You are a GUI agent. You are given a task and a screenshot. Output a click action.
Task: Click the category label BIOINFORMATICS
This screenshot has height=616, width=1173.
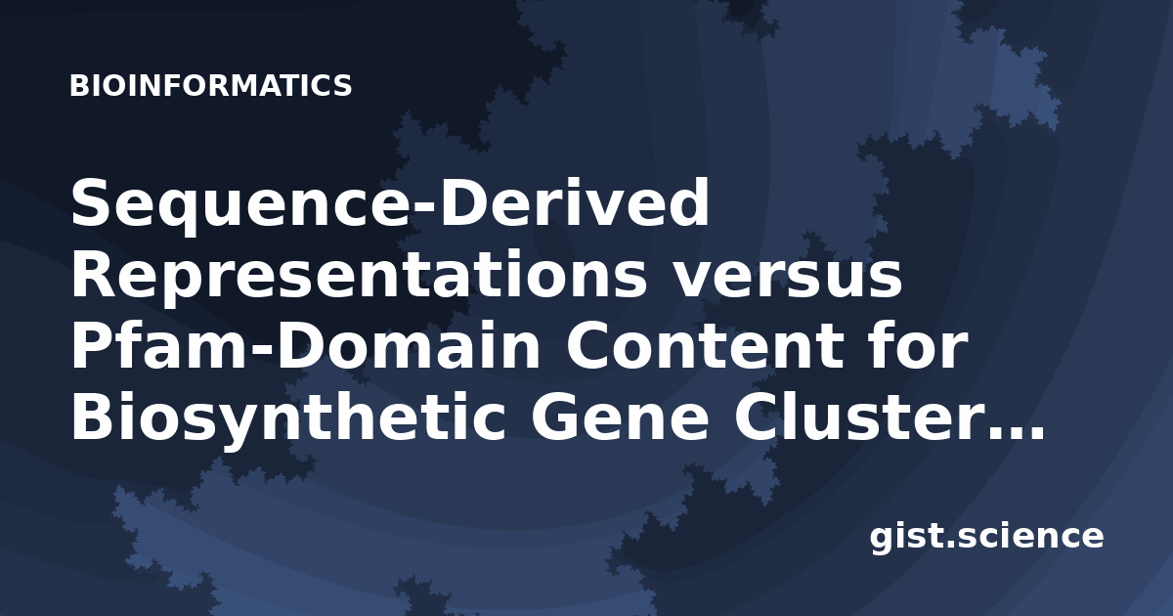[210, 85]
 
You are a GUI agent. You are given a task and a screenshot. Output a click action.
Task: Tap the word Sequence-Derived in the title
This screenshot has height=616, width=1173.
[390, 204]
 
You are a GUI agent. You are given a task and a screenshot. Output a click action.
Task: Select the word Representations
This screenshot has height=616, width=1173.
[360, 276]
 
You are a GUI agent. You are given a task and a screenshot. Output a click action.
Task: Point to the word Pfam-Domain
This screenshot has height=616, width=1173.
[305, 346]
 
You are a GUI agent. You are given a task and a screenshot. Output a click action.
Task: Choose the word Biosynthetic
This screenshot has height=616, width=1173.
[288, 419]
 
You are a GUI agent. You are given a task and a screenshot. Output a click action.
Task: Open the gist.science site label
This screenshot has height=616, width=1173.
[986, 538]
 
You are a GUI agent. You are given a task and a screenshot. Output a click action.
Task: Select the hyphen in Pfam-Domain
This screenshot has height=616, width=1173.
[262, 353]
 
